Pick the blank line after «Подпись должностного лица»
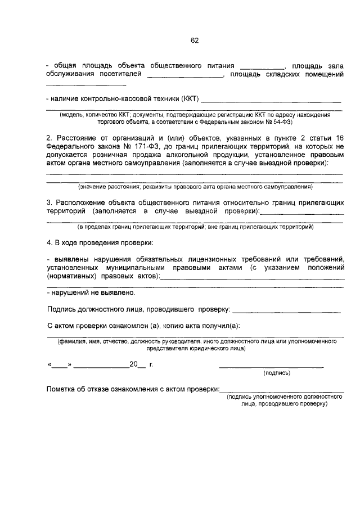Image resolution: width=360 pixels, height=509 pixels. coord(286,310)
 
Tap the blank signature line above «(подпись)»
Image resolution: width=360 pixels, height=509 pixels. coord(271,367)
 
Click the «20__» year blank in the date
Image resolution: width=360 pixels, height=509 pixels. coord(137,364)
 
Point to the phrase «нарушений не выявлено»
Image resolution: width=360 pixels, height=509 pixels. coord(93,293)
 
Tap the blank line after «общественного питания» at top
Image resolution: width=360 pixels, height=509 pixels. coord(262,65)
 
